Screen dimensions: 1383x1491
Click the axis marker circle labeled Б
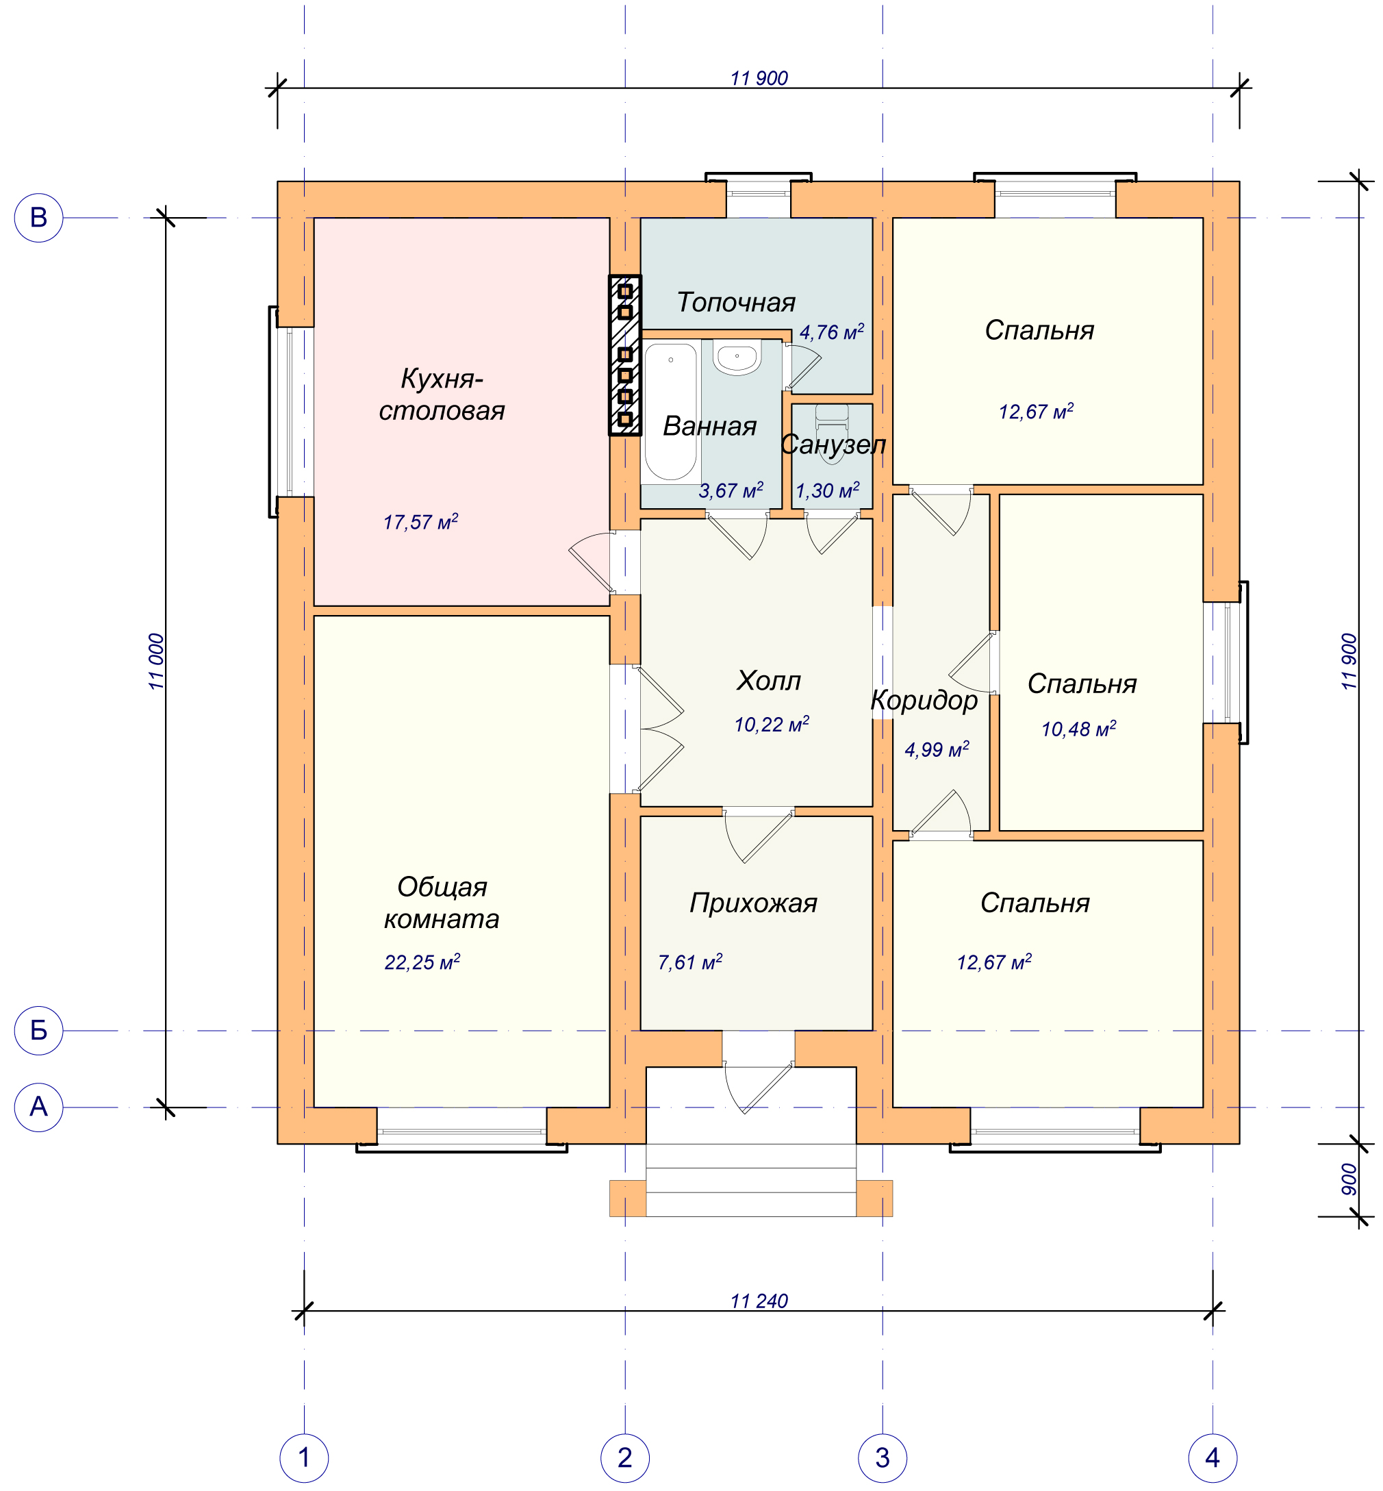tap(38, 1031)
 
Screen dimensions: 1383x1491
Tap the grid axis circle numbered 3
tap(883, 1457)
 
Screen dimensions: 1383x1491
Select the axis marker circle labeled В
tap(38, 218)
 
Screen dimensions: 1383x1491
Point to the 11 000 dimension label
tap(155, 662)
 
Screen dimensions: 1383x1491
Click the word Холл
tap(769, 681)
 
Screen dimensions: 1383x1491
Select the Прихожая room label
tap(753, 904)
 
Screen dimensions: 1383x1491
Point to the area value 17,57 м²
tap(420, 522)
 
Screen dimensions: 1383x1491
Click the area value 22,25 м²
tap(422, 962)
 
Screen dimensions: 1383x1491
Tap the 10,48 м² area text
tap(1078, 728)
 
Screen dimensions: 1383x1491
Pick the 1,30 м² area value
tap(827, 490)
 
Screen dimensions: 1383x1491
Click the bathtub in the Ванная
tap(670, 412)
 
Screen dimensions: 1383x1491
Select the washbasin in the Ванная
tap(737, 357)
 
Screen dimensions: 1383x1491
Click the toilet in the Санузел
tap(831, 433)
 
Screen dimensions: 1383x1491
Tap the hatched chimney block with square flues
tap(625, 355)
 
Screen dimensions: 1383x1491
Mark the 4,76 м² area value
tap(831, 332)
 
